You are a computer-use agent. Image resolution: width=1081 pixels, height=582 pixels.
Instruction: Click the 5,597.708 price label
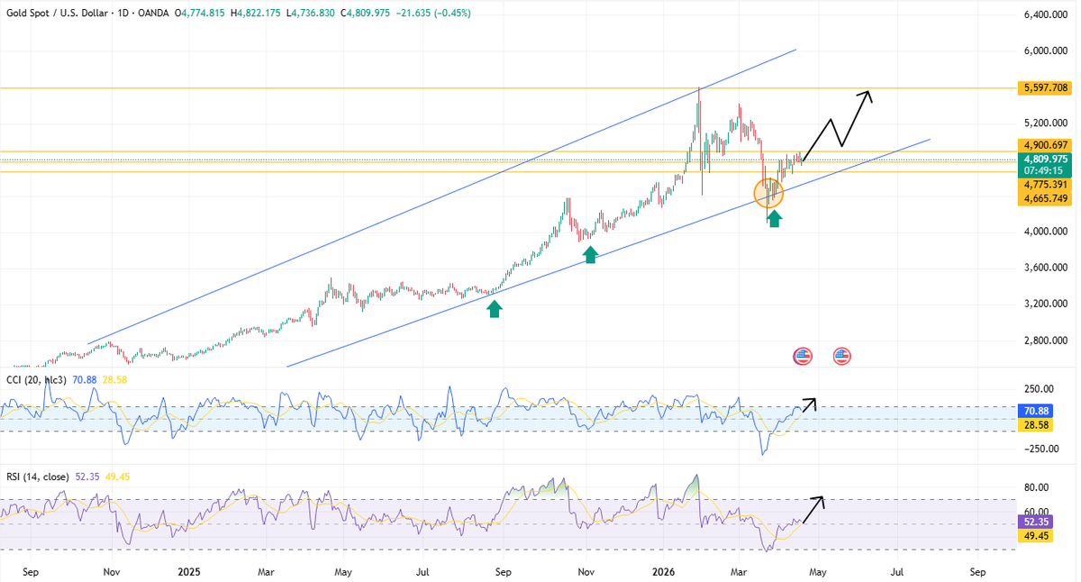tap(1046, 87)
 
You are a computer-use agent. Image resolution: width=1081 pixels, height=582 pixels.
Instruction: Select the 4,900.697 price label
tap(1046, 144)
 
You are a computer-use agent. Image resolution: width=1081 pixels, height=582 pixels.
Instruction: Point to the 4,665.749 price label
tap(1046, 198)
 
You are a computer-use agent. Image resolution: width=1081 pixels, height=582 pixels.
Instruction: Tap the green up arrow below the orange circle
tap(774, 217)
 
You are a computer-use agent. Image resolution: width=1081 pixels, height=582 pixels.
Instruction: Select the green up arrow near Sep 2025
tap(494, 309)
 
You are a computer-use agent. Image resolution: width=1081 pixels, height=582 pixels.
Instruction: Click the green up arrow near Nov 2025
tap(590, 255)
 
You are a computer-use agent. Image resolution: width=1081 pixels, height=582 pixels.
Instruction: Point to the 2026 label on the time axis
tap(663, 571)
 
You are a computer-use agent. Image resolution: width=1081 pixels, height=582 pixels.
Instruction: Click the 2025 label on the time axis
tap(189, 571)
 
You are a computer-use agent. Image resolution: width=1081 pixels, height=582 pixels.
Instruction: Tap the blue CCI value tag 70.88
tap(1033, 410)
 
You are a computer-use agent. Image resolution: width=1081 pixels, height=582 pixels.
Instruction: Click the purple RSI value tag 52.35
tap(1033, 522)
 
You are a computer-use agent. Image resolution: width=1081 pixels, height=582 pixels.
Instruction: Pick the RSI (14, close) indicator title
tap(38, 476)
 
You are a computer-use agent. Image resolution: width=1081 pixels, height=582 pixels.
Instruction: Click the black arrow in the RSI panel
tap(812, 510)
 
